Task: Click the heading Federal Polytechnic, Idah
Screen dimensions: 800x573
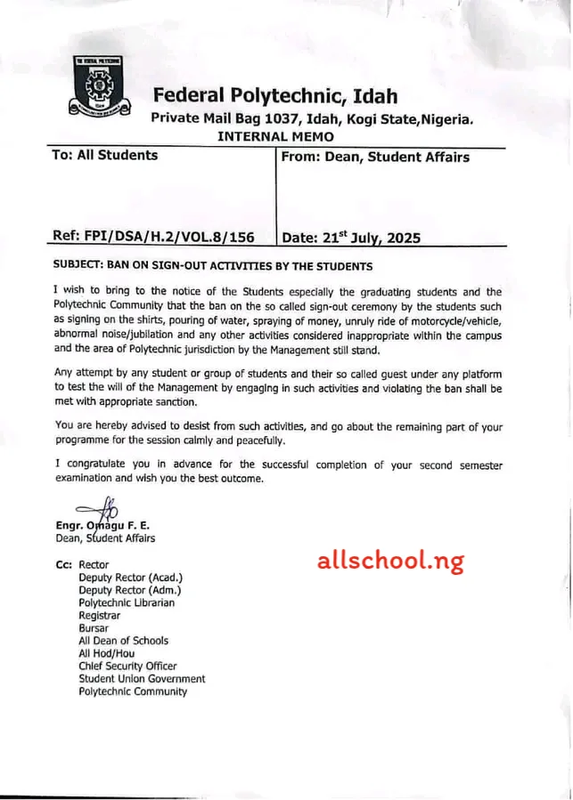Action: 274,96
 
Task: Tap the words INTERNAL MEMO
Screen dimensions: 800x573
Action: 275,136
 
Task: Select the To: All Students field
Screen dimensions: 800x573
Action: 104,156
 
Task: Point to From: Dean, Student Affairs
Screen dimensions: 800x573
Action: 374,158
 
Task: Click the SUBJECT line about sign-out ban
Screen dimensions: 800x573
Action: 212,266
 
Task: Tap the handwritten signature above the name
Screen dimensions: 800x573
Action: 98,510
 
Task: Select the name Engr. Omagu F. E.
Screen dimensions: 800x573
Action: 102,525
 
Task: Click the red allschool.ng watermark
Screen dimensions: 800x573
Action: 390,561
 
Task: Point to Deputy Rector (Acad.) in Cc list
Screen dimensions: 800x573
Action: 130,578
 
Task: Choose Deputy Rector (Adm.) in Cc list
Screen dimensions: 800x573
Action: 129,590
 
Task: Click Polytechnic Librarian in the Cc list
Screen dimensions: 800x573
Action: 127,602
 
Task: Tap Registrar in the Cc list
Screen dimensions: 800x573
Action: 99,615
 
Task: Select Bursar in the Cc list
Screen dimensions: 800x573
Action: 94,628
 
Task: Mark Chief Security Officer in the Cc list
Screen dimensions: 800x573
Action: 127,666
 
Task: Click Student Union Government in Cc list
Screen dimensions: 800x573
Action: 142,678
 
